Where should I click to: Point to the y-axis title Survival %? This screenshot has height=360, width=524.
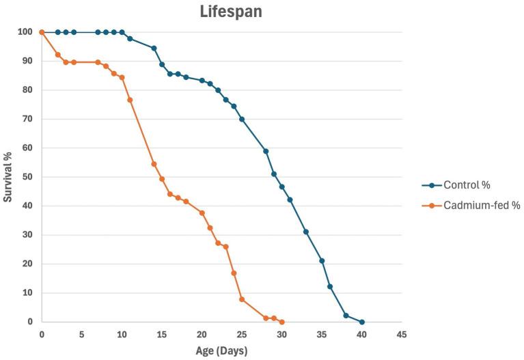pos(8,177)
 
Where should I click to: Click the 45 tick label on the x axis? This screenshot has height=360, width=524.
pos(402,335)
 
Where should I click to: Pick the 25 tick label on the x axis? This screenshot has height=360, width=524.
pos(242,335)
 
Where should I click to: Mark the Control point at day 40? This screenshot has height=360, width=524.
pos(361,322)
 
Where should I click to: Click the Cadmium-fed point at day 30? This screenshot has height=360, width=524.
pos(281,322)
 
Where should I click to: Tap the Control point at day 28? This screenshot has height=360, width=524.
pos(266,151)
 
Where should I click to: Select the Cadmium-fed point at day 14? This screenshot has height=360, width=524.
pos(154,164)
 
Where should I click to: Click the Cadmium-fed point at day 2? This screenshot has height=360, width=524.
pos(57,55)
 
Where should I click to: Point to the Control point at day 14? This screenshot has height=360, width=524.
pos(154,48)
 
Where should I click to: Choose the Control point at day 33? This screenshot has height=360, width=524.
pos(305,232)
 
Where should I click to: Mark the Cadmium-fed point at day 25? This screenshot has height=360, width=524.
pos(242,299)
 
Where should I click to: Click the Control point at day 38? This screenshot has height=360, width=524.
pos(346,315)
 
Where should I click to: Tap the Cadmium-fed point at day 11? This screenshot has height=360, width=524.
pos(130,100)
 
